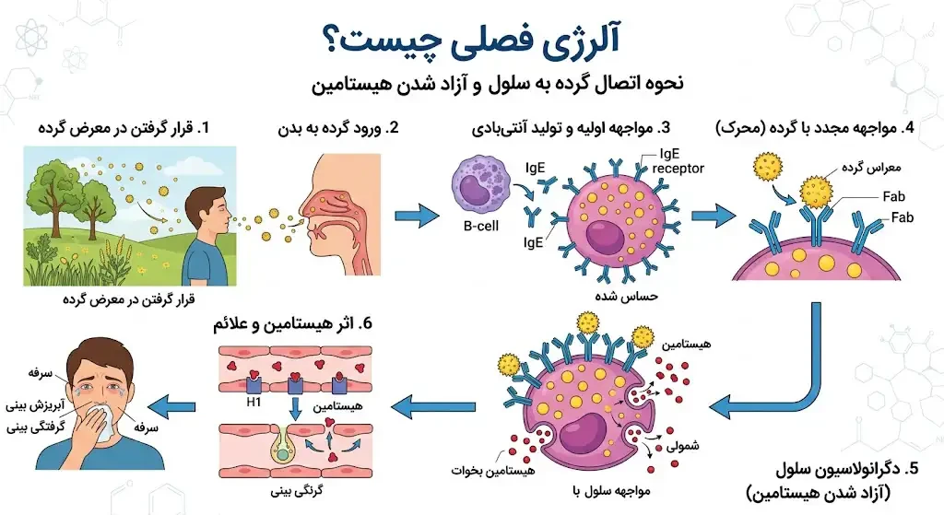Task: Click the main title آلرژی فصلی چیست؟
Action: click(471, 41)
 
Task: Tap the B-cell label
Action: click(481, 227)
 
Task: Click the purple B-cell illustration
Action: click(481, 186)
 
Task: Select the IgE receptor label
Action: click(678, 161)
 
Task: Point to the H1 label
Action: click(254, 402)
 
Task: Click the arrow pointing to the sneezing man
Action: click(171, 407)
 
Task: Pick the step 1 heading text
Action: click(124, 128)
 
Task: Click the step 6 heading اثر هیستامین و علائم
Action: click(292, 323)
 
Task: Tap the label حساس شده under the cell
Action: click(626, 296)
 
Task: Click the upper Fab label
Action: click(893, 196)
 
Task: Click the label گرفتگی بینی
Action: click(36, 427)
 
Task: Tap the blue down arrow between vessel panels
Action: click(295, 408)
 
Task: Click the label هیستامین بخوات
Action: click(493, 470)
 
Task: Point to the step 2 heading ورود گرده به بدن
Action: click(338, 128)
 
